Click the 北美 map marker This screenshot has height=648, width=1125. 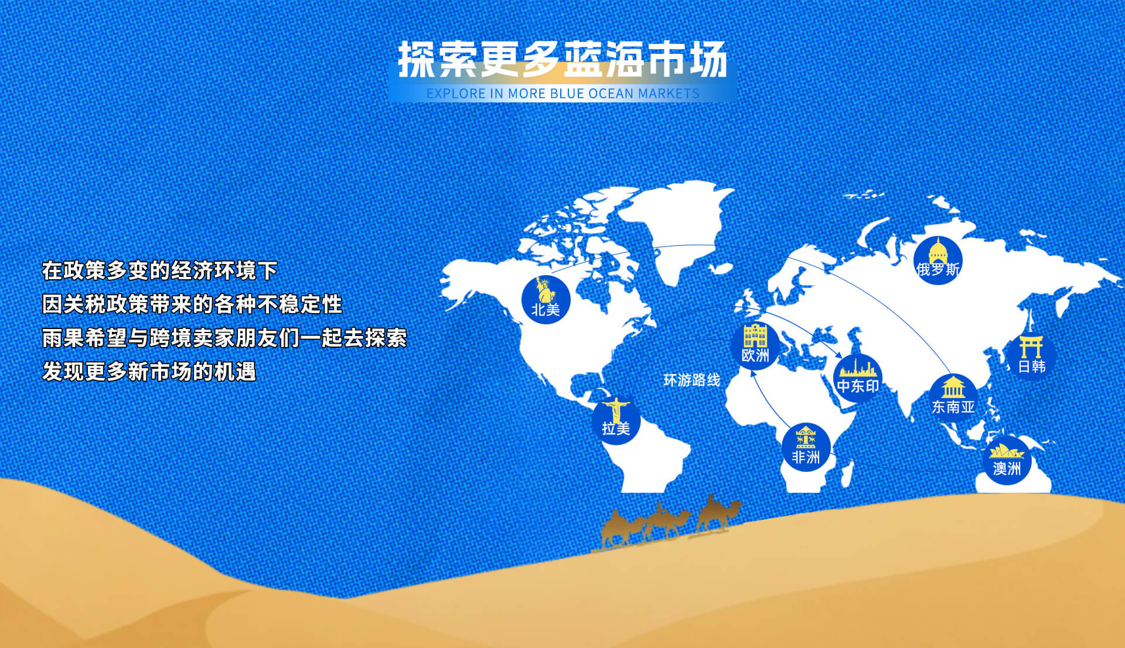click(546, 299)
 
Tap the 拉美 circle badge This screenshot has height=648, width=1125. click(616, 420)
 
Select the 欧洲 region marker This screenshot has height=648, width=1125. click(755, 346)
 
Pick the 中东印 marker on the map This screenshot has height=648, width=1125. click(858, 378)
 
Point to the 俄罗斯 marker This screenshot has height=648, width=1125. click(937, 260)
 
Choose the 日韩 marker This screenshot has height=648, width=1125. click(1031, 357)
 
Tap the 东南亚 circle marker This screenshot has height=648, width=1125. click(953, 398)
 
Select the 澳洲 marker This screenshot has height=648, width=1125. click(1007, 460)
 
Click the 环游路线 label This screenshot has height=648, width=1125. click(691, 380)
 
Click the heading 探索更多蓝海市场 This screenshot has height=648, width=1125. click(562, 60)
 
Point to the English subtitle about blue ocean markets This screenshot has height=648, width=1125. click(562, 94)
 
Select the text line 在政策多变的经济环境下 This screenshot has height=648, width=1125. click(159, 270)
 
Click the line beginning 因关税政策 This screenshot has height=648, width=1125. click(192, 304)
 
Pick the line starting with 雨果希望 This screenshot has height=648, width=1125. click(224, 338)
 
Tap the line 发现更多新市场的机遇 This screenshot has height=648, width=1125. click(149, 372)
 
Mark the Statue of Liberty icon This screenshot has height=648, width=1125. click(545, 290)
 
